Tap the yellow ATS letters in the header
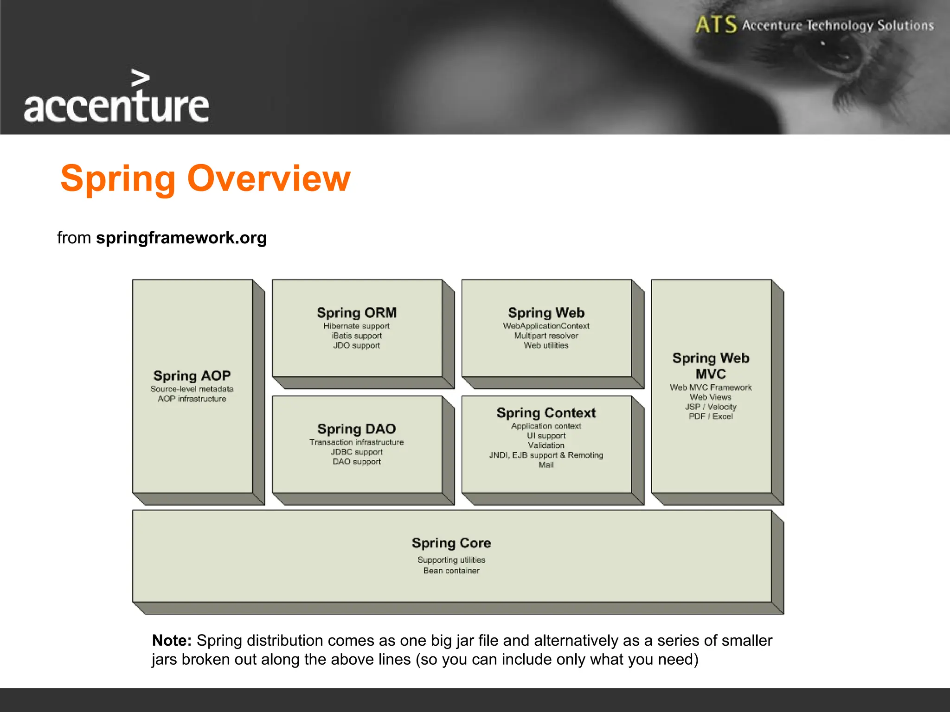pyautogui.click(x=715, y=25)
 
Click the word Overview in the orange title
pyautogui.click(x=269, y=178)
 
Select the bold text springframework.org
pyautogui.click(x=181, y=238)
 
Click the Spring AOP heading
pyautogui.click(x=192, y=375)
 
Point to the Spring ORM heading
pyautogui.click(x=357, y=313)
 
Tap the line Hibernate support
pyautogui.click(x=357, y=326)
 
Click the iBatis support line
pyautogui.click(x=357, y=336)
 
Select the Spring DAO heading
pyautogui.click(x=357, y=429)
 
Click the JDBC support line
pyautogui.click(x=357, y=452)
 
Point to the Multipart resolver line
pyautogui.click(x=546, y=336)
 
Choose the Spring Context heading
pyautogui.click(x=546, y=413)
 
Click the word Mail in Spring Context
pyautogui.click(x=546, y=465)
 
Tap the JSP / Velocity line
pyautogui.click(x=711, y=407)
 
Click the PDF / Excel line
pyautogui.click(x=711, y=416)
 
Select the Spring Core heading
pyautogui.click(x=451, y=543)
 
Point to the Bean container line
pyautogui.click(x=451, y=571)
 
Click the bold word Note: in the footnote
pyautogui.click(x=172, y=641)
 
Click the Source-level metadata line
pyautogui.click(x=192, y=389)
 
